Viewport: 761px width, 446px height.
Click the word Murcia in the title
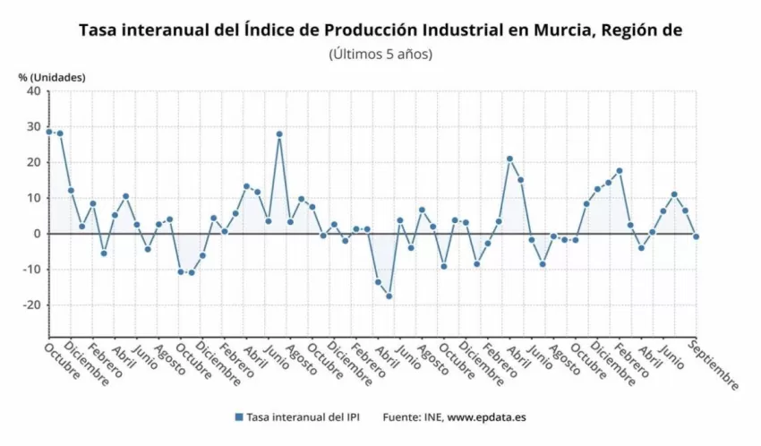pyautogui.click(x=553, y=30)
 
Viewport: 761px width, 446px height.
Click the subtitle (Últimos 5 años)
pyautogui.click(x=380, y=55)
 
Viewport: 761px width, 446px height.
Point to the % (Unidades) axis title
pyautogui.click(x=52, y=77)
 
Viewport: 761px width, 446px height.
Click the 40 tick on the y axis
pyautogui.click(x=33, y=91)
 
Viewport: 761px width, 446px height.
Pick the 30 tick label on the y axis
pyautogui.click(x=33, y=126)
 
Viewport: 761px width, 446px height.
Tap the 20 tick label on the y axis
pyautogui.click(x=33, y=162)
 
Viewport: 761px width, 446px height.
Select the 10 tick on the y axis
pyautogui.click(x=33, y=198)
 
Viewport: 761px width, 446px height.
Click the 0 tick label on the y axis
pyautogui.click(x=37, y=234)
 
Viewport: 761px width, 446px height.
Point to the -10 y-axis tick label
pyautogui.click(x=30, y=270)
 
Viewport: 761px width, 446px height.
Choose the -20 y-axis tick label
pyautogui.click(x=30, y=305)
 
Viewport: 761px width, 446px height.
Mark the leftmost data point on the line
pyautogui.click(x=49, y=132)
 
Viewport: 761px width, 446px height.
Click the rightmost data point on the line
pyautogui.click(x=697, y=236)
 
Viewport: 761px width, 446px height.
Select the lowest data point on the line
pyautogui.click(x=389, y=296)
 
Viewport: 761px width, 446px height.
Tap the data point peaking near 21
pyautogui.click(x=509, y=159)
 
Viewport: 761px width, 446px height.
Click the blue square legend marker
pyautogui.click(x=238, y=417)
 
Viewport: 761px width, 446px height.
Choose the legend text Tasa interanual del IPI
pyautogui.click(x=297, y=417)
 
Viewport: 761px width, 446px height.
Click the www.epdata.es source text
pyautogui.click(x=488, y=417)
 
